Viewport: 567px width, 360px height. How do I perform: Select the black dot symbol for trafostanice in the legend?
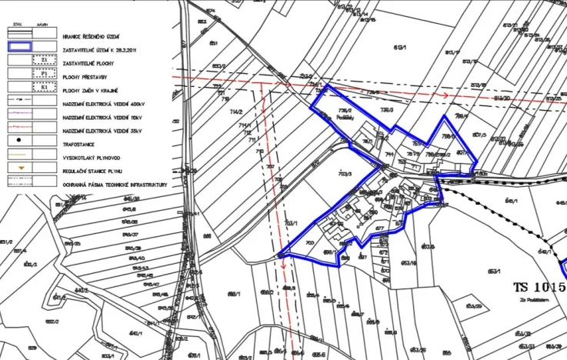point(18,142)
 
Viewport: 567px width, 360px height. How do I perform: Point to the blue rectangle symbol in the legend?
point(18,47)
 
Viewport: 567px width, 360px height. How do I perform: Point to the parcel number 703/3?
point(345,174)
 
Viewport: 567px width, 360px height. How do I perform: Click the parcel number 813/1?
point(400,48)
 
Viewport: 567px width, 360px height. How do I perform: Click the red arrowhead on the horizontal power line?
point(445,95)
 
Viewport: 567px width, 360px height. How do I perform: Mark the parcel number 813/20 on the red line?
point(502,98)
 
